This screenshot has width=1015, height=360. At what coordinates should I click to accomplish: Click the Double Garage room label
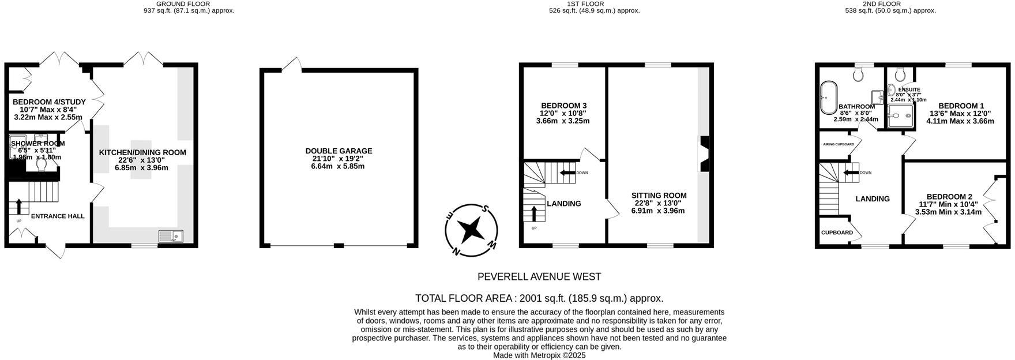(339, 151)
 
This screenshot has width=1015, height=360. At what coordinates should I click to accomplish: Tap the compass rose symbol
(472, 229)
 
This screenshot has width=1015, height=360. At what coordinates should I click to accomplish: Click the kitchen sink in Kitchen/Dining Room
(171, 236)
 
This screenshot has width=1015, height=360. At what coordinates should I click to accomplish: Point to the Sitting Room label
(659, 196)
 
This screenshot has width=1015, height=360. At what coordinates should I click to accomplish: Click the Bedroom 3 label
(563, 106)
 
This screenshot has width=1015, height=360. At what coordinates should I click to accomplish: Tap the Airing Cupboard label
(838, 144)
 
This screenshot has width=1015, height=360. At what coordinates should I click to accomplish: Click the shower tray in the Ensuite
(901, 115)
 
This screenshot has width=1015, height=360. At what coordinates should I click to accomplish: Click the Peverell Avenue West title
(539, 277)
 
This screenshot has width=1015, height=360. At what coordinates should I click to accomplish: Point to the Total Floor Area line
(539, 298)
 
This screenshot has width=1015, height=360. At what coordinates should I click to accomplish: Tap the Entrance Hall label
(57, 216)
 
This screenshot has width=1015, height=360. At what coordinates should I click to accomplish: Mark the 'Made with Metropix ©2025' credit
(539, 355)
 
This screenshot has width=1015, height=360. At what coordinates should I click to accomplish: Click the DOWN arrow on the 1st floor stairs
(568, 172)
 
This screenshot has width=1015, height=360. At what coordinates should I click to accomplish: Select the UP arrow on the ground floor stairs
(18, 207)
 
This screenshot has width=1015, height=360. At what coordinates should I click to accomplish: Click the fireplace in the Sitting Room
(705, 154)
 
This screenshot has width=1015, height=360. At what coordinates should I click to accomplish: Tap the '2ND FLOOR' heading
(882, 3)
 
